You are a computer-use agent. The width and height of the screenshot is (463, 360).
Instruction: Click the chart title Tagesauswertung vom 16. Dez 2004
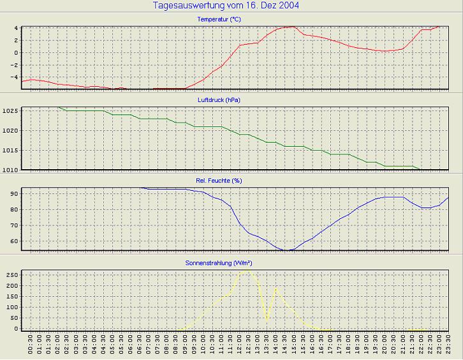tap(226, 6)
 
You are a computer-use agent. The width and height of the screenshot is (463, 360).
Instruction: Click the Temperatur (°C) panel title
tap(219, 19)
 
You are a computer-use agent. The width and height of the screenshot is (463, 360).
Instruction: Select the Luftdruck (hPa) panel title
tap(219, 100)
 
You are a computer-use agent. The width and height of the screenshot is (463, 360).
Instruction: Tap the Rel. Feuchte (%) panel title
tap(219, 181)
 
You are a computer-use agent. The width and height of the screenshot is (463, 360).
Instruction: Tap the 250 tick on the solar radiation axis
tap(12, 274)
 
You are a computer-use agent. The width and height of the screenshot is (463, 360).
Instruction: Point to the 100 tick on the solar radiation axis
tap(12, 307)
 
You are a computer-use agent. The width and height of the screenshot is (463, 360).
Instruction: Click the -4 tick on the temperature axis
tap(15, 77)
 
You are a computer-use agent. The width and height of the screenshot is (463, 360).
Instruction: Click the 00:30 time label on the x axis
tap(31, 347)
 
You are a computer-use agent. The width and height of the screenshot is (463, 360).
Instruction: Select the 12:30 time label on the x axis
tap(248, 347)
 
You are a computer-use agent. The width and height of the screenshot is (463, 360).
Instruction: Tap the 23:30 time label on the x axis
tap(448, 347)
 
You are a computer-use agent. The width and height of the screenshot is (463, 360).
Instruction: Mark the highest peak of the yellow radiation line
tap(248, 270)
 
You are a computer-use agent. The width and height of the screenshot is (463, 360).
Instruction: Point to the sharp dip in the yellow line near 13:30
tap(267, 319)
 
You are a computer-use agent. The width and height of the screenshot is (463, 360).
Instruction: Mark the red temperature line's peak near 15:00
tap(292, 27)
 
